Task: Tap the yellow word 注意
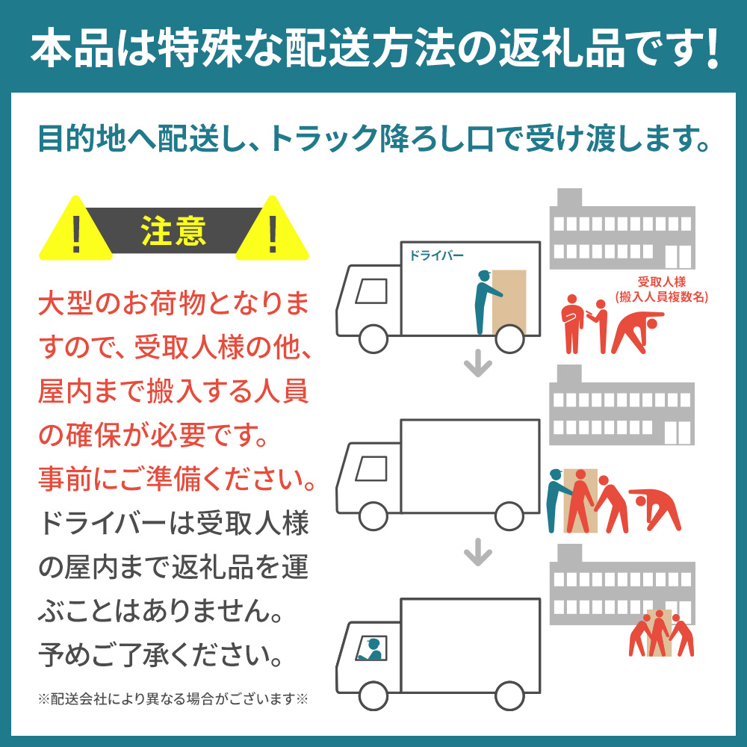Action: click(x=173, y=231)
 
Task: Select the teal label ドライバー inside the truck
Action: click(x=436, y=255)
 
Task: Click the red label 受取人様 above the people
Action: click(x=662, y=282)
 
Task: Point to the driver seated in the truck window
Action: click(x=371, y=649)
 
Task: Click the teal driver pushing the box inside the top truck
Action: click(x=487, y=301)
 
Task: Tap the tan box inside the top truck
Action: click(x=509, y=302)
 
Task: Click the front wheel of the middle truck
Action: click(x=373, y=516)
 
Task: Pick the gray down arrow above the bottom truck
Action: click(x=478, y=554)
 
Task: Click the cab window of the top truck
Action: click(x=371, y=291)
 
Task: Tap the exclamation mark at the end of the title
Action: click(x=712, y=49)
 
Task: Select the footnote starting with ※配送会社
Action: click(x=173, y=699)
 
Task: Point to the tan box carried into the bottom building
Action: click(x=660, y=632)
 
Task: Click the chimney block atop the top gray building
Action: click(x=569, y=198)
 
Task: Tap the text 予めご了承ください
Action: click(x=160, y=655)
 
